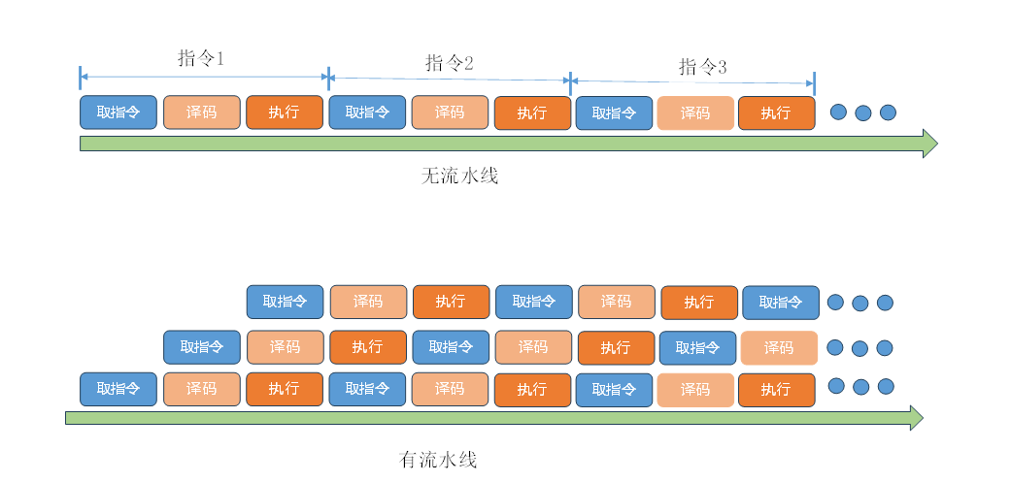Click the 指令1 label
(x=201, y=58)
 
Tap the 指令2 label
(x=450, y=64)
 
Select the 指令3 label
(x=702, y=67)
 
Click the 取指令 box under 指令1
(x=118, y=112)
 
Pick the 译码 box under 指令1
(x=201, y=112)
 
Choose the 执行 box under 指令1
(x=285, y=112)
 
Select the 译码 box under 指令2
(x=450, y=112)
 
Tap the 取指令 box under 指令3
(x=614, y=113)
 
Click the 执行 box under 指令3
(x=776, y=113)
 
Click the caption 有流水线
(x=439, y=460)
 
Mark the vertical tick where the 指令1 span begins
(x=81, y=76)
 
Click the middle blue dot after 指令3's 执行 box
(x=863, y=113)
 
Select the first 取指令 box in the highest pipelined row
(x=285, y=302)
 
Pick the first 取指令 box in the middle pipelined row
(x=201, y=346)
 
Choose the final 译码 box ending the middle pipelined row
(x=779, y=347)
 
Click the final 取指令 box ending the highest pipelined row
(x=781, y=303)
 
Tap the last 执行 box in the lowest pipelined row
(x=776, y=390)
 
